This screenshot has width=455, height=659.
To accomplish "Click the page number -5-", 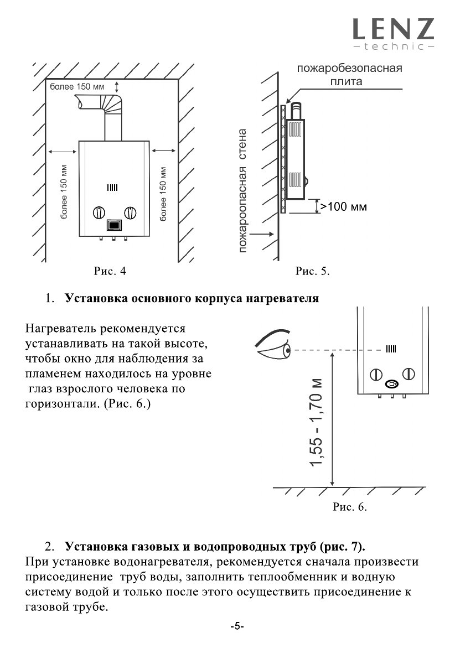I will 237,627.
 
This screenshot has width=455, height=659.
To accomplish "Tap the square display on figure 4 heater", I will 113,226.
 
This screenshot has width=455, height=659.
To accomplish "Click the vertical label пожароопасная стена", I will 243,191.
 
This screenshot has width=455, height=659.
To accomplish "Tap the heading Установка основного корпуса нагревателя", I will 192,299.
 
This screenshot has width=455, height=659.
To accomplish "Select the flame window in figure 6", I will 391,349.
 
